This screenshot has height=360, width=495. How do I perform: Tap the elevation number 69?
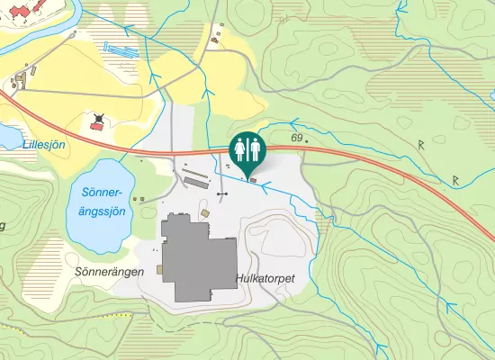pos(297,138)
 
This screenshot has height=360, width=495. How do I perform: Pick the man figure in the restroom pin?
pos(255,148)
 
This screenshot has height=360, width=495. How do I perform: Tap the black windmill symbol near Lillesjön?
pos(98,117)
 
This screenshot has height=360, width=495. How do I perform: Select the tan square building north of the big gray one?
pos(204,212)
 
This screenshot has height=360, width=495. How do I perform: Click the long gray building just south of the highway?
pos(196,180)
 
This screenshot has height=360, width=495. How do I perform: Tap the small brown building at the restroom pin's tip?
pos(252,180)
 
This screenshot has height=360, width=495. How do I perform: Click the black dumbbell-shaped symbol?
pos(223,193)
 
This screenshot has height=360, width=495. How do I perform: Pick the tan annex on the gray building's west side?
pos(159,268)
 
